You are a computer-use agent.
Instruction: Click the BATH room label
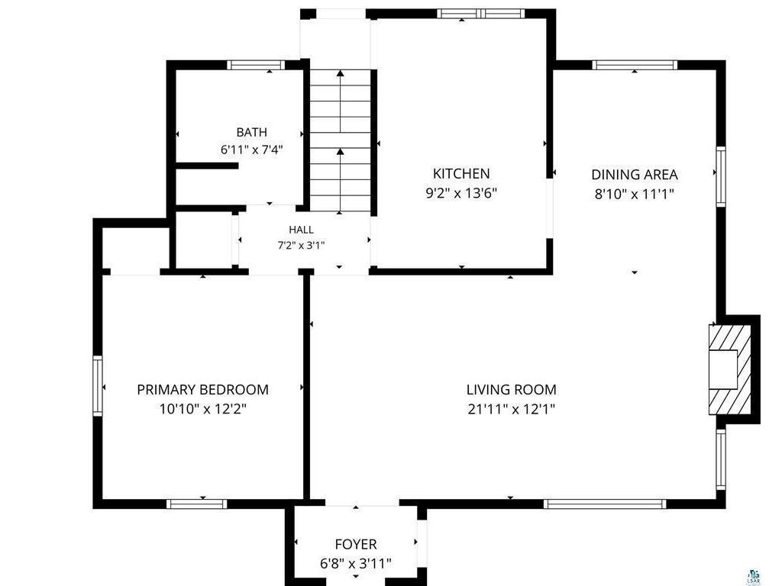pos(251,132)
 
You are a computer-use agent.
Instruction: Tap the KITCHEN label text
pos(461,173)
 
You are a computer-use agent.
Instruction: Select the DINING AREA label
pos(635,175)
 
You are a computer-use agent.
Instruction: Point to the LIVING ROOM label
pos(511,389)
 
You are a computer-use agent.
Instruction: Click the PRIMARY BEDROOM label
pos(202,389)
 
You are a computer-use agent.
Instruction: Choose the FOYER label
pos(356,544)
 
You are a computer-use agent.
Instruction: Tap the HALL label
pos(301,230)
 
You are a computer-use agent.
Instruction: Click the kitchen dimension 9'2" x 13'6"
pos(461,193)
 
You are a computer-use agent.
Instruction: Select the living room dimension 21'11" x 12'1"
pos(511,409)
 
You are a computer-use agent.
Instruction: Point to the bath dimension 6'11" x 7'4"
pos(252,150)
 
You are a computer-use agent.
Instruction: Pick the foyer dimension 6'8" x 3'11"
pos(356,564)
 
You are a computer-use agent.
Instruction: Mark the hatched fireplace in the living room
pos(729,370)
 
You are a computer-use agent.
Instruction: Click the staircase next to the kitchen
pos(340,140)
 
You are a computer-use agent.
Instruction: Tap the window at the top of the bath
pos(256,65)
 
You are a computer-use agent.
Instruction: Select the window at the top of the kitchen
pos(481,14)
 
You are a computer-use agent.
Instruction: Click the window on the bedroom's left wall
pos(98,385)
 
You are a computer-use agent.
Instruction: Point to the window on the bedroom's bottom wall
pos(196,504)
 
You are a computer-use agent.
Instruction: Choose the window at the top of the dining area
pos(635,65)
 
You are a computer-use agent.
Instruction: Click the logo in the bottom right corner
pos(754,577)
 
